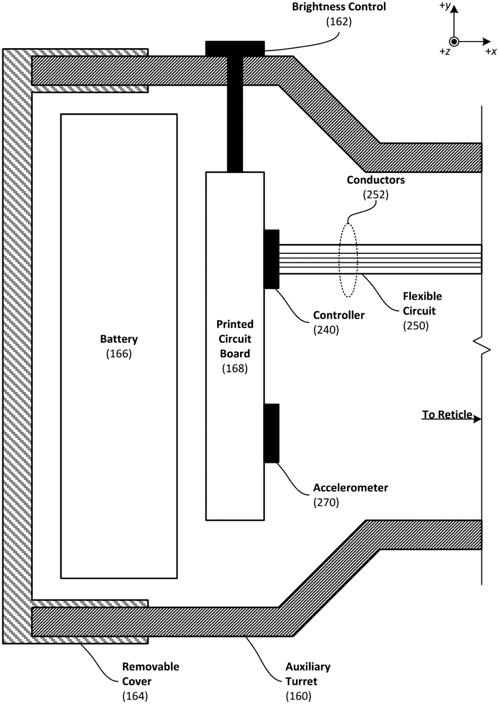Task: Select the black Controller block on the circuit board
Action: tap(271, 259)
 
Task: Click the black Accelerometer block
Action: tap(271, 433)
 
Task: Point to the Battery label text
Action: tap(119, 339)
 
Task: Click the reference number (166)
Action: tap(119, 354)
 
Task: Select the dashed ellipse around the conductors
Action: tap(349, 258)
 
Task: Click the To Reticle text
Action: tap(447, 415)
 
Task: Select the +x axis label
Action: tap(491, 52)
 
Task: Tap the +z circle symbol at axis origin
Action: tap(454, 42)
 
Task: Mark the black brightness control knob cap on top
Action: tap(235, 48)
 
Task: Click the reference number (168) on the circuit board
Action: tap(235, 368)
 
